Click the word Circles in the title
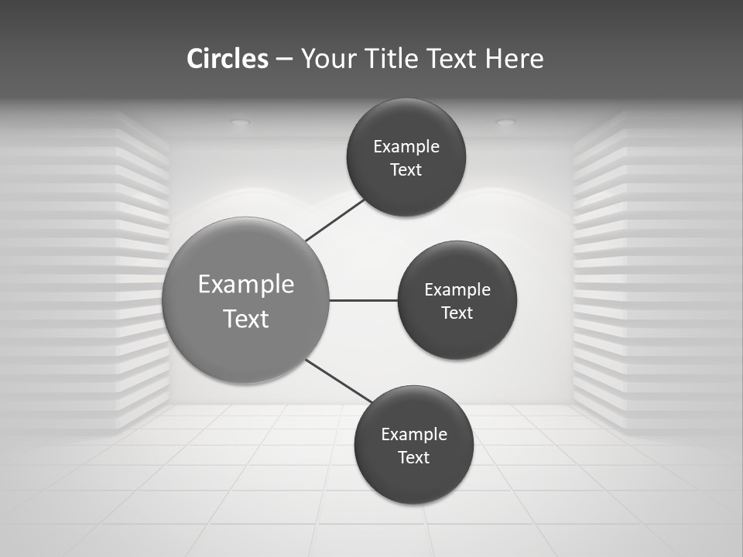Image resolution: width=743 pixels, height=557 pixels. (227, 59)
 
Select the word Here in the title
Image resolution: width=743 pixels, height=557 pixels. (514, 59)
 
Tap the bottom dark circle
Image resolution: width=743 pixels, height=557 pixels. (414, 484)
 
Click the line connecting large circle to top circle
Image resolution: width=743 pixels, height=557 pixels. (336, 220)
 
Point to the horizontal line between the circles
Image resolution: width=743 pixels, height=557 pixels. (364, 300)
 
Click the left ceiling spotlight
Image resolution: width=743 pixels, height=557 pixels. (241, 122)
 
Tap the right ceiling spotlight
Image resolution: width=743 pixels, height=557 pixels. (505, 122)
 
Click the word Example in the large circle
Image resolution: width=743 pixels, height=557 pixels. (246, 285)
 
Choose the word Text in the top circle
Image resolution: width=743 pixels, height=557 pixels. (406, 170)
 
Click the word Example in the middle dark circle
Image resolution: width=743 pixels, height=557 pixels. (457, 290)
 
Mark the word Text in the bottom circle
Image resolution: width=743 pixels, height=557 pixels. (414, 458)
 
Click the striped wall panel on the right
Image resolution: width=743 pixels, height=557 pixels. (658, 271)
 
